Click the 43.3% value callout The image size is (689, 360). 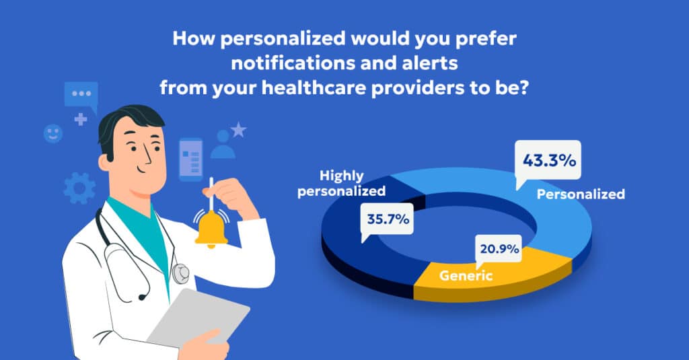coord(548,161)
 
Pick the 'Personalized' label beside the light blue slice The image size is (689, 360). coord(581,194)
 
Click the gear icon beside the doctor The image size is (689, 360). coord(79,187)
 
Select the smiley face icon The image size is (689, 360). coord(52,133)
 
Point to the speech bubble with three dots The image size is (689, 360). coord(81,95)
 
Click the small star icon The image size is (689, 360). coord(238,129)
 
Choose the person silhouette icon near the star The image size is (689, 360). coord(223,145)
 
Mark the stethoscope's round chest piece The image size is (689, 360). coord(180,273)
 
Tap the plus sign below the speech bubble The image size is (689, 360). coord(81,120)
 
